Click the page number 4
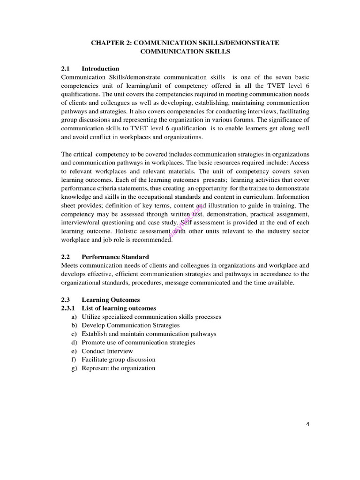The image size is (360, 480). (307, 425)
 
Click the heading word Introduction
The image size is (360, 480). (100, 68)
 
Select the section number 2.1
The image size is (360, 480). (66, 68)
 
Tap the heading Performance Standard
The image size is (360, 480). (115, 257)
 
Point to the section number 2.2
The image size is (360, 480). (66, 257)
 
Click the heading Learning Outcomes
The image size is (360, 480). (111, 300)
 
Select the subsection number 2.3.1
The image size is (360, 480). (68, 308)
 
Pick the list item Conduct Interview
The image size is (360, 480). (107, 351)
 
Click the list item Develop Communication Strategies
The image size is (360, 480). (130, 325)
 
